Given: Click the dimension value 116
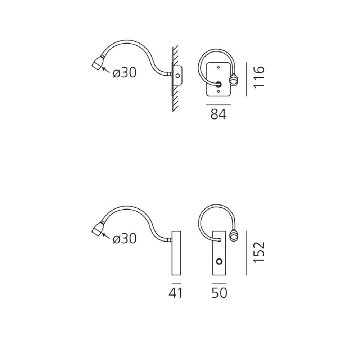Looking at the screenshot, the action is pyautogui.click(x=259, y=77).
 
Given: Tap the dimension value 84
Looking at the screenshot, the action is pyautogui.click(x=219, y=114).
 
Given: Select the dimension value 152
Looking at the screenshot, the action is pyautogui.click(x=259, y=252).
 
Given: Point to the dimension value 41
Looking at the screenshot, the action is pyautogui.click(x=176, y=293).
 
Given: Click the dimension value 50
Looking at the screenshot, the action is pyautogui.click(x=220, y=293).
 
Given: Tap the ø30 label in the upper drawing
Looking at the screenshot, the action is pyautogui.click(x=125, y=73).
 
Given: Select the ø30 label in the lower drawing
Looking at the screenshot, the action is pyautogui.click(x=125, y=239).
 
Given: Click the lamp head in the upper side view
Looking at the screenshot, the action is pyautogui.click(x=98, y=62).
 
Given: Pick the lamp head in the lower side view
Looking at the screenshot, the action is pyautogui.click(x=98, y=229).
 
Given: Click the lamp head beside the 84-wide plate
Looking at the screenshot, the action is pyautogui.click(x=233, y=81).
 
